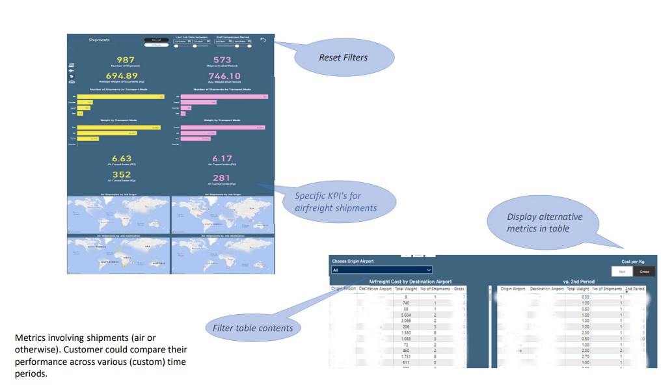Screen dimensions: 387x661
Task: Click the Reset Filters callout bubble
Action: point(343,58)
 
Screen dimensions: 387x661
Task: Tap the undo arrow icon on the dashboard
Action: point(263,40)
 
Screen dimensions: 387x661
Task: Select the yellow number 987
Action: point(126,60)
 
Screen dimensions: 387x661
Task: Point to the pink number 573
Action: point(223,60)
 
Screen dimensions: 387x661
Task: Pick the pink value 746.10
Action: point(224,76)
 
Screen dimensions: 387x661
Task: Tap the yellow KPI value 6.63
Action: point(122,158)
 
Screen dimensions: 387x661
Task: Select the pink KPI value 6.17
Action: point(223,158)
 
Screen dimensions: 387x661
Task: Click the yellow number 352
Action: point(122,175)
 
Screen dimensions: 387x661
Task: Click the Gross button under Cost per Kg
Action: point(644,271)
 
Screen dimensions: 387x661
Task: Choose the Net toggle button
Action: point(623,271)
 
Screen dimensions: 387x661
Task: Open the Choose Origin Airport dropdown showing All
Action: point(382,269)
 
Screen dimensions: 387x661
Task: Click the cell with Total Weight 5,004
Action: point(406,314)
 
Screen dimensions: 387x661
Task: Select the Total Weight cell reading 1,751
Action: point(405,356)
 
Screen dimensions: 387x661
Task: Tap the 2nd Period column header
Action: point(635,288)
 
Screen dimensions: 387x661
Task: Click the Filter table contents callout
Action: point(252,328)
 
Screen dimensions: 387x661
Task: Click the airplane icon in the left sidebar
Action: point(71,70)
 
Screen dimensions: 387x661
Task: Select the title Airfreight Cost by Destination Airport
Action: point(410,282)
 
